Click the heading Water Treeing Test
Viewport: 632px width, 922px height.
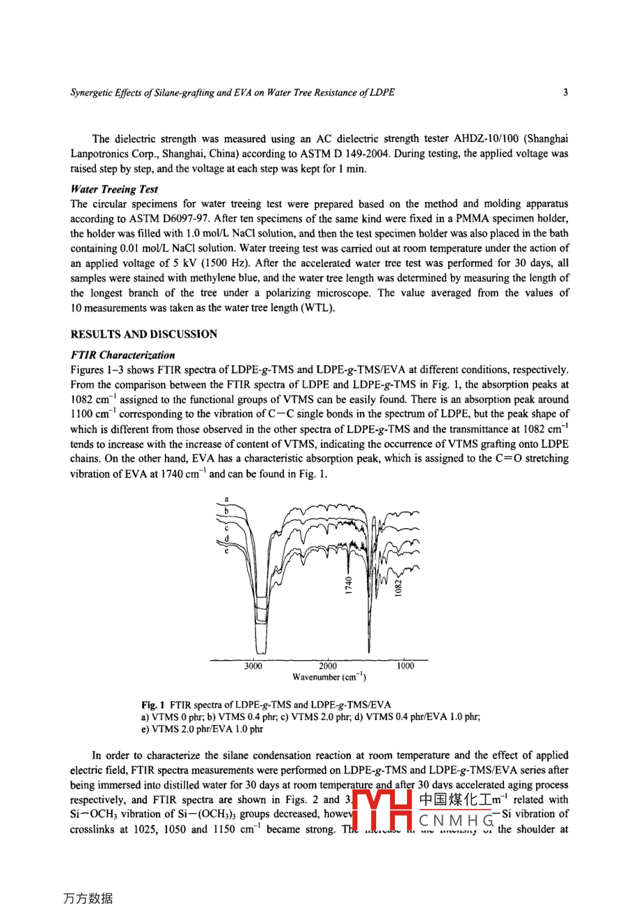tap(115, 189)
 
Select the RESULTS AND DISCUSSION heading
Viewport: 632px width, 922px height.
tap(144, 334)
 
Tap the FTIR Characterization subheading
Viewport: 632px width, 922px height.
tap(123, 355)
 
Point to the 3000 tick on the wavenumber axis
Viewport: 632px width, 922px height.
tap(253, 666)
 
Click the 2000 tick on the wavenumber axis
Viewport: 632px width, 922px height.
tap(329, 666)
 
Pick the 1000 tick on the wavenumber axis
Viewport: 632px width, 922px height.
tap(405, 666)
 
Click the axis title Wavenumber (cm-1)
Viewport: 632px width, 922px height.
tap(329, 677)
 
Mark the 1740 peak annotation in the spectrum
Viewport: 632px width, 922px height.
tap(348, 584)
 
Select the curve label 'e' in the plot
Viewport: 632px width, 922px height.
tap(227, 551)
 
